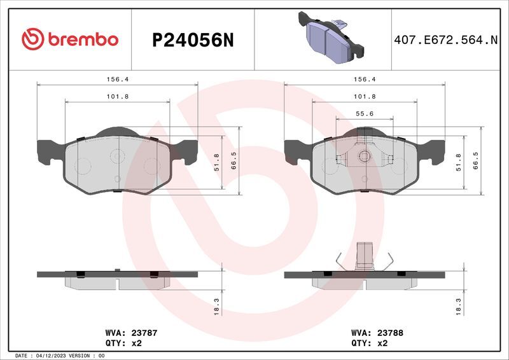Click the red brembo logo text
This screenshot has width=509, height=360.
83,39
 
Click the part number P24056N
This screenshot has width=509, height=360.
193,41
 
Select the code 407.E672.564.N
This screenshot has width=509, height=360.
445,40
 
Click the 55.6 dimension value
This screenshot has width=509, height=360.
365,114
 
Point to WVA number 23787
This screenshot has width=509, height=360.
144,333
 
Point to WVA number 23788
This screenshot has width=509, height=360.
390,333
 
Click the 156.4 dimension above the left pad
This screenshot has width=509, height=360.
118,80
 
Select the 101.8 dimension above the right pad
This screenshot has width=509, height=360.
365,97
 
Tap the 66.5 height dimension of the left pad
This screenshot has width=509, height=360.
234,161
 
